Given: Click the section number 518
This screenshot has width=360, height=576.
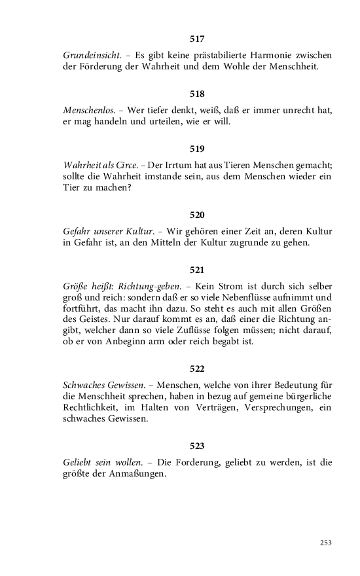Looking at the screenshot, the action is [197, 94].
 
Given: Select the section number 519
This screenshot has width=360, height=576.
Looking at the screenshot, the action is [197, 149].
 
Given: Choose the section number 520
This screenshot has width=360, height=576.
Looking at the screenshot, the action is [197, 215].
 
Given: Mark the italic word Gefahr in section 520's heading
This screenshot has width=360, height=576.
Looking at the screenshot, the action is [77, 230].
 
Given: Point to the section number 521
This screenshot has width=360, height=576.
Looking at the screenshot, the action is [197, 270].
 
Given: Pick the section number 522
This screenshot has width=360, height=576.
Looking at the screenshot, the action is [197, 369].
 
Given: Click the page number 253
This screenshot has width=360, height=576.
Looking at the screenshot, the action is [326, 543].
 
